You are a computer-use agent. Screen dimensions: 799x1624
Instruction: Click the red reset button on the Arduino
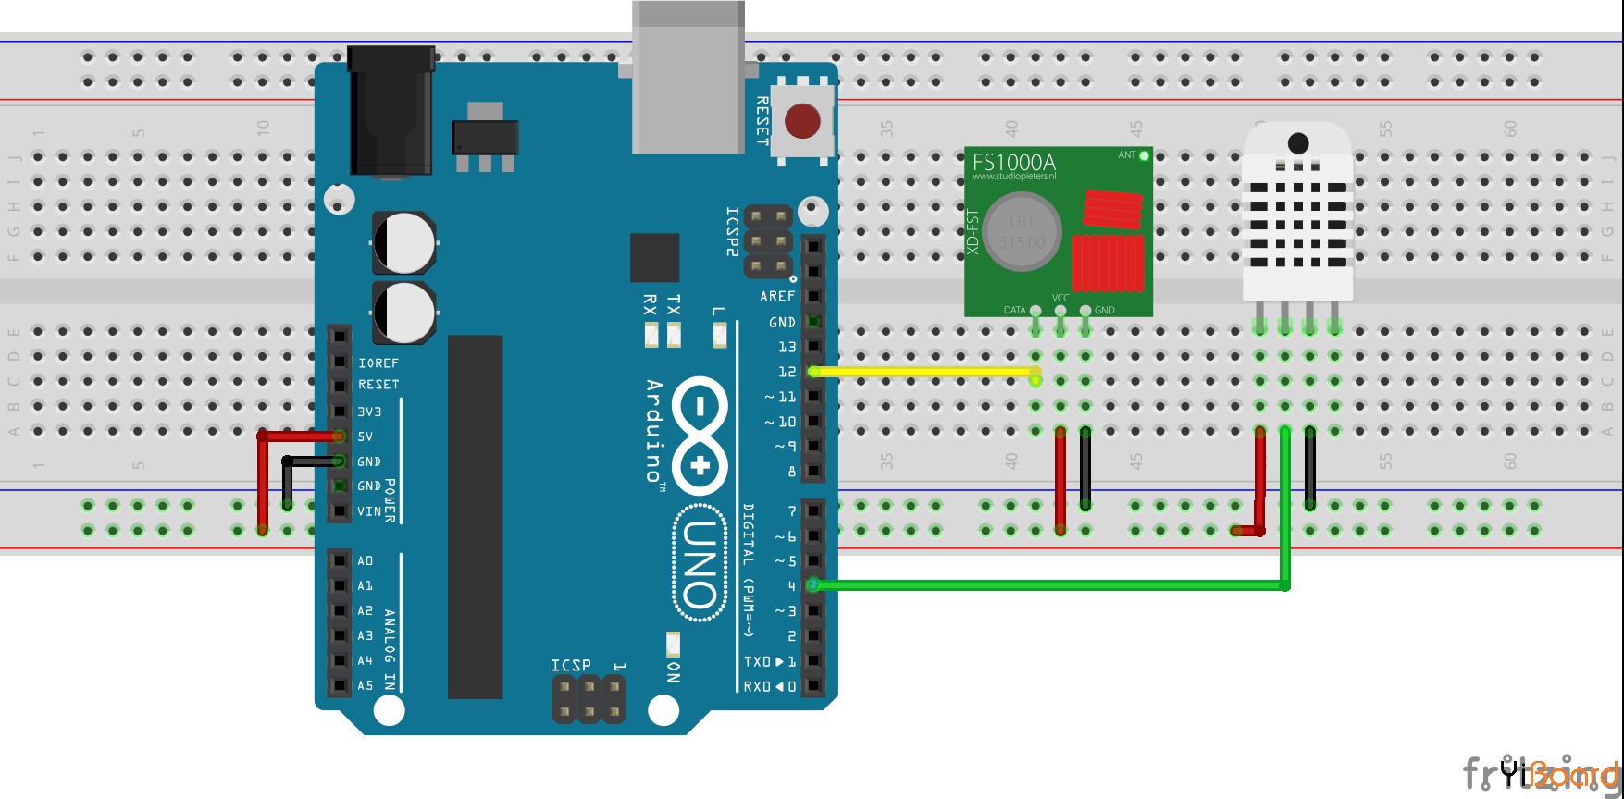pyautogui.click(x=801, y=121)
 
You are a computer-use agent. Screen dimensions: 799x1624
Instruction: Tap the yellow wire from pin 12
pyautogui.click(x=925, y=372)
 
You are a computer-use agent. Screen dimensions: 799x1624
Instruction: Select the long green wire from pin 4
pyautogui.click(x=1046, y=584)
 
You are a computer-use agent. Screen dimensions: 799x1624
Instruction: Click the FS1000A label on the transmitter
pyautogui.click(x=1013, y=162)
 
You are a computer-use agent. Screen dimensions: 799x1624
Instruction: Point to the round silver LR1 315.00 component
pyautogui.click(x=1021, y=231)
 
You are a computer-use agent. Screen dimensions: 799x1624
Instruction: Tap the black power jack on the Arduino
pyautogui.click(x=391, y=111)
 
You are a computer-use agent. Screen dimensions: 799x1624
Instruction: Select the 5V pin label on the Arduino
pyautogui.click(x=366, y=436)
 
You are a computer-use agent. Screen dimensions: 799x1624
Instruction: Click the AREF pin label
pyautogui.click(x=777, y=296)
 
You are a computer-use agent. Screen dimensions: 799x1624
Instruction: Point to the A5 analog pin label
pyautogui.click(x=366, y=685)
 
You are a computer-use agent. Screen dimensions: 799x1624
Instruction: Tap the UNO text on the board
pyautogui.click(x=700, y=564)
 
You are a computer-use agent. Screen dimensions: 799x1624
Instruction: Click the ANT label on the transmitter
pyautogui.click(x=1126, y=155)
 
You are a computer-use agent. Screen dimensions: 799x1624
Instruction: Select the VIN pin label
pyautogui.click(x=368, y=511)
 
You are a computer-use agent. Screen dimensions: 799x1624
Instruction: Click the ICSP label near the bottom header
pyautogui.click(x=571, y=665)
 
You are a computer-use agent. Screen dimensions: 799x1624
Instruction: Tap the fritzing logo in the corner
pyautogui.click(x=1541, y=773)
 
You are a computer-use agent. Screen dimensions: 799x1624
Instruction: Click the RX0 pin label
pyautogui.click(x=758, y=686)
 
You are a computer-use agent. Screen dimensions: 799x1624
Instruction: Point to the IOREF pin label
pyautogui.click(x=378, y=363)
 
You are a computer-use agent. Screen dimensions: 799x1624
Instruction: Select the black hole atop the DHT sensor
pyautogui.click(x=1298, y=142)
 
